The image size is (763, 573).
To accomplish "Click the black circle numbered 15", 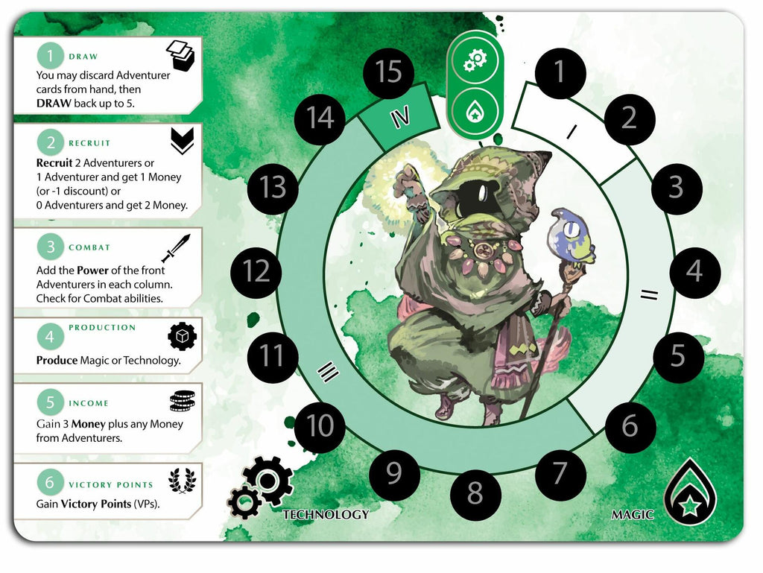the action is pos(388,72).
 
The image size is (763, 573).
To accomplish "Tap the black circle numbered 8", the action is pos(475,493).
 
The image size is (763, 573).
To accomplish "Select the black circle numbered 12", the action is pos(256,271).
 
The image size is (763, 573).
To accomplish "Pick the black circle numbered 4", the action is pos(695,271).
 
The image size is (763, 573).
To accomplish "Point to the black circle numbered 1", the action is pos(560,72).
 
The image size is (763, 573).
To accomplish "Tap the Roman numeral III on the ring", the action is pos(328,372).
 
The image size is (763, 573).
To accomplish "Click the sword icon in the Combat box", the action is pos(176,247).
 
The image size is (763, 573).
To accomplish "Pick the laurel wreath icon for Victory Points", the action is pos(182,481).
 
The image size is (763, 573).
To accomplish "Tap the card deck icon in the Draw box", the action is pos(180,56).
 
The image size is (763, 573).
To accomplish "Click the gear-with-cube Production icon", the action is pos(182,336).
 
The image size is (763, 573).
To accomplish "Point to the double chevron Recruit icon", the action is pos(182,141).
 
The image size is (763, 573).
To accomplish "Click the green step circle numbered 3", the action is pos(50,247).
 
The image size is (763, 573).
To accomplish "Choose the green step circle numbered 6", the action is pos(50,482).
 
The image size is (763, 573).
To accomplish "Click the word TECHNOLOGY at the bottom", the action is pos(326,515).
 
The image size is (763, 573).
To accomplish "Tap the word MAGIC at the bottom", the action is pos(632,515).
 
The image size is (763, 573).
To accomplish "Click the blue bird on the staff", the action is pos(570,237).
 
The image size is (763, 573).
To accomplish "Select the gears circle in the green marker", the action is pos(475,60).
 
